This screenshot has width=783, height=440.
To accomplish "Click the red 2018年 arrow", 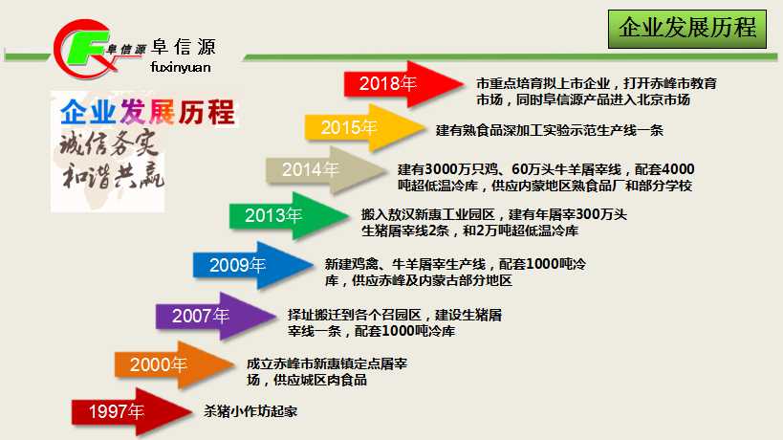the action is pos(402,84).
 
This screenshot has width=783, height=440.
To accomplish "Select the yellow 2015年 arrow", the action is pos(363,128).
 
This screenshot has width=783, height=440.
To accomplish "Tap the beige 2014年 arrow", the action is pos(325,170).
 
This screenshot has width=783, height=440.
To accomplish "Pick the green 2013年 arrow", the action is pos(288,216).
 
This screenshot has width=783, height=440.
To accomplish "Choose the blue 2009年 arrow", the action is pos(252,265).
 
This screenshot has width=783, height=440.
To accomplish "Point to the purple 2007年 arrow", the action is pos(215,317).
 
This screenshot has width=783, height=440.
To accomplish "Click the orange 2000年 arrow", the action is pos(174,365).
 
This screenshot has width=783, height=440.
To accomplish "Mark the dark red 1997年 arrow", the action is pos(131,412).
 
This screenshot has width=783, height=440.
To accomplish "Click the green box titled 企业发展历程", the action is pos(687,29).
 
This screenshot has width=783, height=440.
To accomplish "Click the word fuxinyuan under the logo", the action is pos(181,67).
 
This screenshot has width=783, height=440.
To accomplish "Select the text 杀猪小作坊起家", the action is pos(250,411).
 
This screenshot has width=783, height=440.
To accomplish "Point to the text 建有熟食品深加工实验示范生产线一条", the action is pos(550,130).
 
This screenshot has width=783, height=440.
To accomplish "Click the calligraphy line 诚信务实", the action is pos(109,143).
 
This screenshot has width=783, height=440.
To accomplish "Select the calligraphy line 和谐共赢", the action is pos(113,175).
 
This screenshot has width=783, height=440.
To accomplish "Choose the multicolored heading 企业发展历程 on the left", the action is pos(147,112).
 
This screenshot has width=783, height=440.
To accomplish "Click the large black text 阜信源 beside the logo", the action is pos(183,48).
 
